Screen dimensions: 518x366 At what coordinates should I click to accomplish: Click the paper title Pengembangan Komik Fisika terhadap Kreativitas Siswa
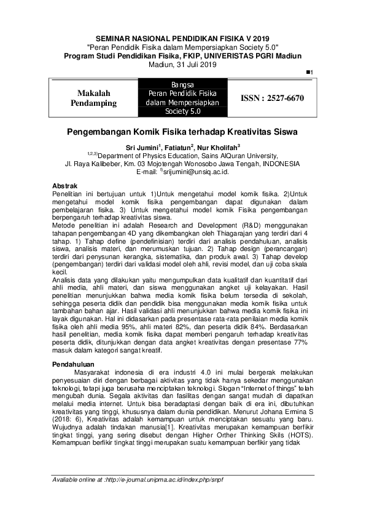(x=182, y=132)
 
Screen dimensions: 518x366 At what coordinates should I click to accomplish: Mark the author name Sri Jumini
(x=142, y=148)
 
